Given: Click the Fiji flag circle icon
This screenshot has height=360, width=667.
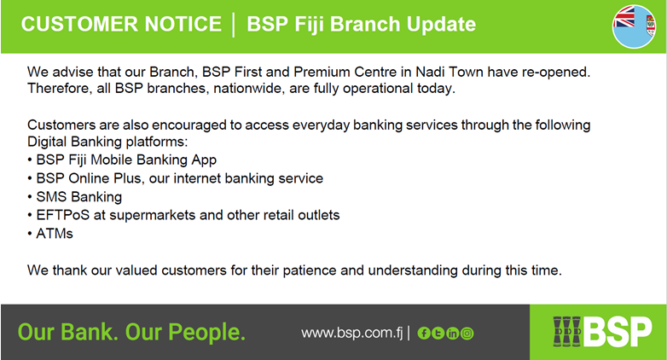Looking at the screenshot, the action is (x=634, y=26).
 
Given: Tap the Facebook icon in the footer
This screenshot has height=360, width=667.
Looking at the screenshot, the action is (x=424, y=334).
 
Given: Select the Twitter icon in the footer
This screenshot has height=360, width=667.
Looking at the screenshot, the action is (x=438, y=334).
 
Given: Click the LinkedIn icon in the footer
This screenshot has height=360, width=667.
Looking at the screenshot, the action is (x=453, y=334).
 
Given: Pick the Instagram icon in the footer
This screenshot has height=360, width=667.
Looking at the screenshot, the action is (x=467, y=334).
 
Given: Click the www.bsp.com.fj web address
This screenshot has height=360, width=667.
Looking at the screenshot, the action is (x=351, y=333).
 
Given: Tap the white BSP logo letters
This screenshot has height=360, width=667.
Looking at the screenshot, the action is (x=618, y=332).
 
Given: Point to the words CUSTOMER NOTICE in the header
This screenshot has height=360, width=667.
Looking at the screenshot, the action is (x=121, y=24).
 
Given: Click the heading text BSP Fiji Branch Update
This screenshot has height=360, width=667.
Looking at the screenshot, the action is (x=361, y=24).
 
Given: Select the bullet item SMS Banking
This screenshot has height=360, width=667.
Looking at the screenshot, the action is (x=79, y=196).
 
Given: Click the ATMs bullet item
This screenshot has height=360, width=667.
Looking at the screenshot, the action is (x=55, y=234).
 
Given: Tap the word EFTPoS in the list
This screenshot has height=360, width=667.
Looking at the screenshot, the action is (x=63, y=215).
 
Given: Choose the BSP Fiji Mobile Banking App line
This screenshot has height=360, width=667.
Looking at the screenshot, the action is (x=126, y=160).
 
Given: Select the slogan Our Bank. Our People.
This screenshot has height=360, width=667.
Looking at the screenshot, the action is (x=131, y=332).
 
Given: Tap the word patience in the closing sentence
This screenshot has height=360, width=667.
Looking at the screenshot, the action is (x=310, y=270).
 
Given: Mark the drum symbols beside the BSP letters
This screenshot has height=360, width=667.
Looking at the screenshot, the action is (x=567, y=331).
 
